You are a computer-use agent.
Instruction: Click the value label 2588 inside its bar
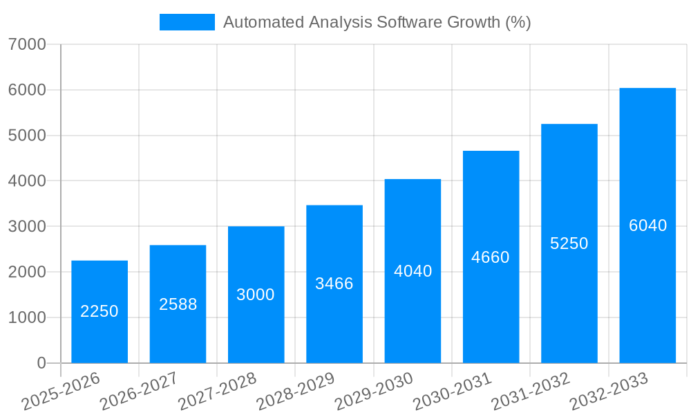pos(178,304)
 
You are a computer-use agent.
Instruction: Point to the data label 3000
pos(256,295)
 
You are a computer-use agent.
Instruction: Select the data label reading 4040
pos(413,271)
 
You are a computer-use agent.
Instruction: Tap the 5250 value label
pos(569,243)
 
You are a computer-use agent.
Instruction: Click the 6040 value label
pos(647,225)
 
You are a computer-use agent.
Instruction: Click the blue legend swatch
pos(187,22)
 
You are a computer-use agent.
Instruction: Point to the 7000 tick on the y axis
pos(27,44)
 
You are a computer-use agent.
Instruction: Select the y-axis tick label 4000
pos(27,181)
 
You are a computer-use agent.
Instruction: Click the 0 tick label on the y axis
pos(41,363)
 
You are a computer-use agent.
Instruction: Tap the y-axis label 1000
pos(27,317)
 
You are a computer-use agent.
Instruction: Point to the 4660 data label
pos(491,257)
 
